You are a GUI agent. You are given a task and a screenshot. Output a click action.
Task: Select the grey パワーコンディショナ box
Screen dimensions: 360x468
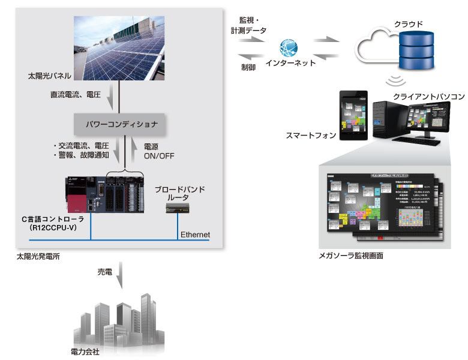tap(120, 124)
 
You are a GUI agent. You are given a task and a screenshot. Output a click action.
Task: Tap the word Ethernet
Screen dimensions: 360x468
tap(195, 234)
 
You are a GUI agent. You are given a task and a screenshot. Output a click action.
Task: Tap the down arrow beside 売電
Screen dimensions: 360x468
tap(122, 277)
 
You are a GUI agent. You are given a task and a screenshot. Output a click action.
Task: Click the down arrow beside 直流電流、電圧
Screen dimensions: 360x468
tap(111, 95)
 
